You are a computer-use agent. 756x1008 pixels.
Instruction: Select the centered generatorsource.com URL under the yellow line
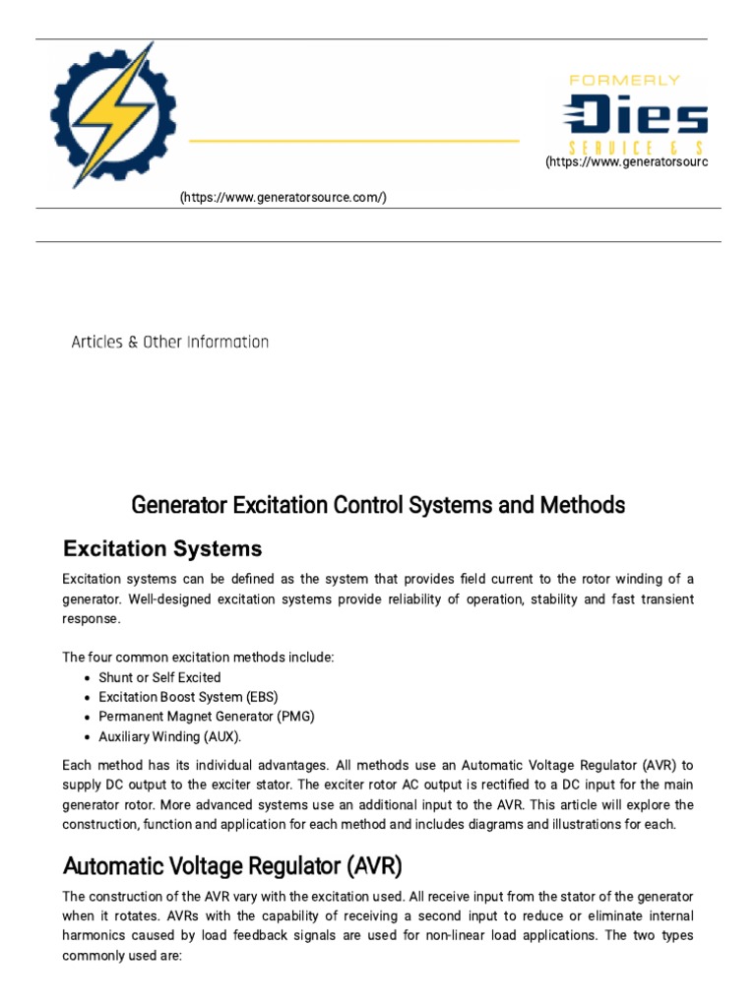(283, 198)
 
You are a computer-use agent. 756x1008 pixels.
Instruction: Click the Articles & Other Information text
(170, 343)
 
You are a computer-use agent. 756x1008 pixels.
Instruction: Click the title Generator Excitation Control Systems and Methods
(378, 505)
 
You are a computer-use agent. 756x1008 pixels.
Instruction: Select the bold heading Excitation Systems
(162, 548)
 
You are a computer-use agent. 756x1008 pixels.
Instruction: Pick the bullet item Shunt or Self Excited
(159, 677)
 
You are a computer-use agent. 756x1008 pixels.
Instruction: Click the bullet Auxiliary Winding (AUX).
(169, 736)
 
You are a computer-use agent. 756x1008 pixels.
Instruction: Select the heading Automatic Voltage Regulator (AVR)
(232, 866)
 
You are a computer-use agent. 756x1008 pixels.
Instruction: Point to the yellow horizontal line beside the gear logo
(353, 142)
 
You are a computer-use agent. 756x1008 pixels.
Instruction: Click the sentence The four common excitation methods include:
(198, 658)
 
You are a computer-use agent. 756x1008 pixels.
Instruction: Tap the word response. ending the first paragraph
(93, 619)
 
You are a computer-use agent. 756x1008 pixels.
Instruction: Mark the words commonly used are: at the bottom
(121, 955)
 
